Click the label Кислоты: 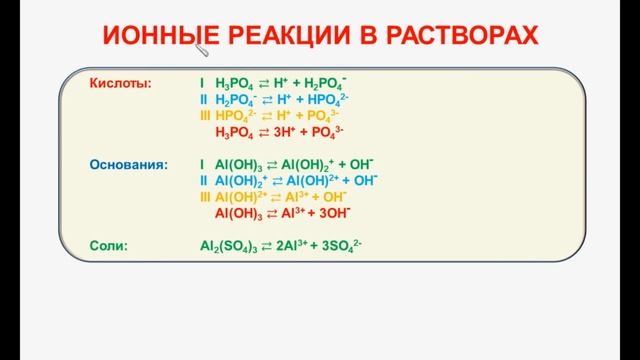[121, 84]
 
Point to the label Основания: [129, 164]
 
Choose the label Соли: [108, 244]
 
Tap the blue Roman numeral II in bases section [204, 180]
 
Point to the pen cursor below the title [204, 50]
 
